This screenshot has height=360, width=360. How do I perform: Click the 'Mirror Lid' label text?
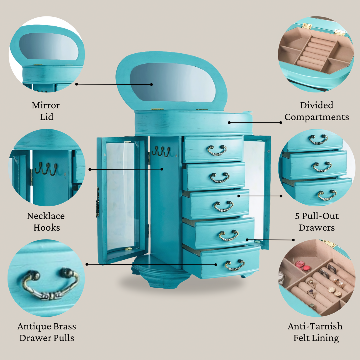point(46,111)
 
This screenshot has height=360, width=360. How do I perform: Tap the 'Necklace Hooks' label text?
point(46,222)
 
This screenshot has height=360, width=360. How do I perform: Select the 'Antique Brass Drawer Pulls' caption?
point(47,332)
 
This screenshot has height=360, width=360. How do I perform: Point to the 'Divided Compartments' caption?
point(317,111)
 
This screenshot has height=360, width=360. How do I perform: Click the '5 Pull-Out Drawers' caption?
point(317,222)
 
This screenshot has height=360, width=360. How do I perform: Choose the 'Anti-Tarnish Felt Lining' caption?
point(315,332)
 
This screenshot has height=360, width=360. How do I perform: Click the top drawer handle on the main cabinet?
point(217,150)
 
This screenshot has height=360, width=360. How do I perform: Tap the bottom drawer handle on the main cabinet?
point(234,265)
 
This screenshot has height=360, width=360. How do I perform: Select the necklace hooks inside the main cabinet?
point(161,152)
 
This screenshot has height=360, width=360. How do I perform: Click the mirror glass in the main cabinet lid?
point(173,82)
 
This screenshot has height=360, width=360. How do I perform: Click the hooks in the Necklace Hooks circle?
point(46,169)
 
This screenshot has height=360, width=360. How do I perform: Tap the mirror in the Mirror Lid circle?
point(48,46)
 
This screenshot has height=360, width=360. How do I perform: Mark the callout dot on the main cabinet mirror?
point(151,84)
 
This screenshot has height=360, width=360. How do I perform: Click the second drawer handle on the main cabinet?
point(219,178)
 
